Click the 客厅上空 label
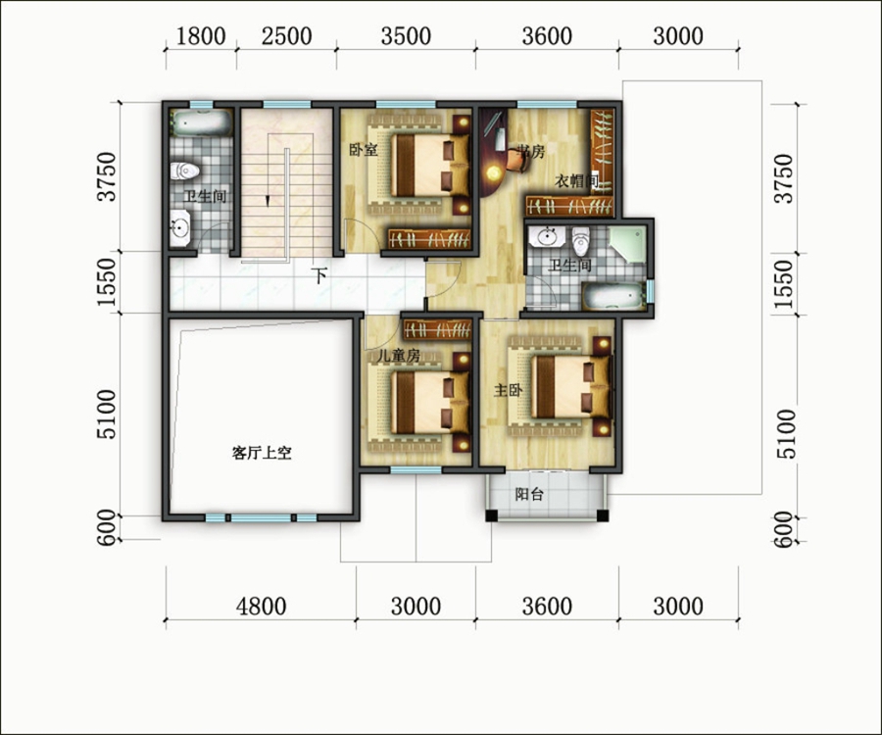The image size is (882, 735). (262, 453)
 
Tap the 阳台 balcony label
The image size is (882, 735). (529, 494)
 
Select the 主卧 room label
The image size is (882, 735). (508, 390)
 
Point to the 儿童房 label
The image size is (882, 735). (400, 356)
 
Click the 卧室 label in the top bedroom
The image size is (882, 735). (364, 150)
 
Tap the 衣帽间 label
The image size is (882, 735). (576, 181)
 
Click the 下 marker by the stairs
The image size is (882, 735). (319, 276)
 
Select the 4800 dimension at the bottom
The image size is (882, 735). (261, 607)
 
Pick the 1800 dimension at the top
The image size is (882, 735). (201, 36)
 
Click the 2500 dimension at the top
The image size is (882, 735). (287, 36)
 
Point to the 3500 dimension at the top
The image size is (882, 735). (406, 36)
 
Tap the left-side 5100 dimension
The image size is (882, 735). (106, 415)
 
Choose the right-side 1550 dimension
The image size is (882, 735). (784, 284)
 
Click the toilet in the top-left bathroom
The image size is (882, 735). (184, 171)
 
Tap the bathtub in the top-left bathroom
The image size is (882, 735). (201, 123)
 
